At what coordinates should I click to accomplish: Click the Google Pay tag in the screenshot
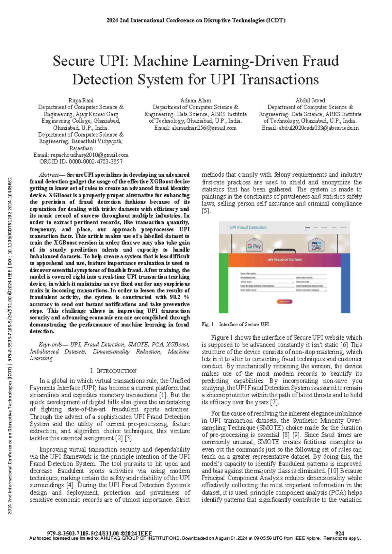tap(254, 246)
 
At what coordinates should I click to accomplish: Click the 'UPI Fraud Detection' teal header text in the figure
tap(248, 227)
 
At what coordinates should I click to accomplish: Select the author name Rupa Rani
tap(81, 100)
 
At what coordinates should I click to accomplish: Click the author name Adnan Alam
tap(195, 100)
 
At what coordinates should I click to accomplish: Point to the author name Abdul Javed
tap(310, 100)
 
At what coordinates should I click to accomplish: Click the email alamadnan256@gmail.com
tap(204, 128)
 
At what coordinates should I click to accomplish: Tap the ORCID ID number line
tap(81, 161)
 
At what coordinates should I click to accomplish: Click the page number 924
tap(339, 533)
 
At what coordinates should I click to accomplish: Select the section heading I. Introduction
tap(113, 371)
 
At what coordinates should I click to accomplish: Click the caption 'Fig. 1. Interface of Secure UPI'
tap(235, 324)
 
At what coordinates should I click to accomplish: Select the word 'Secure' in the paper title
tap(74, 61)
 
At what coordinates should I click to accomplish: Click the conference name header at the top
tap(196, 20)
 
